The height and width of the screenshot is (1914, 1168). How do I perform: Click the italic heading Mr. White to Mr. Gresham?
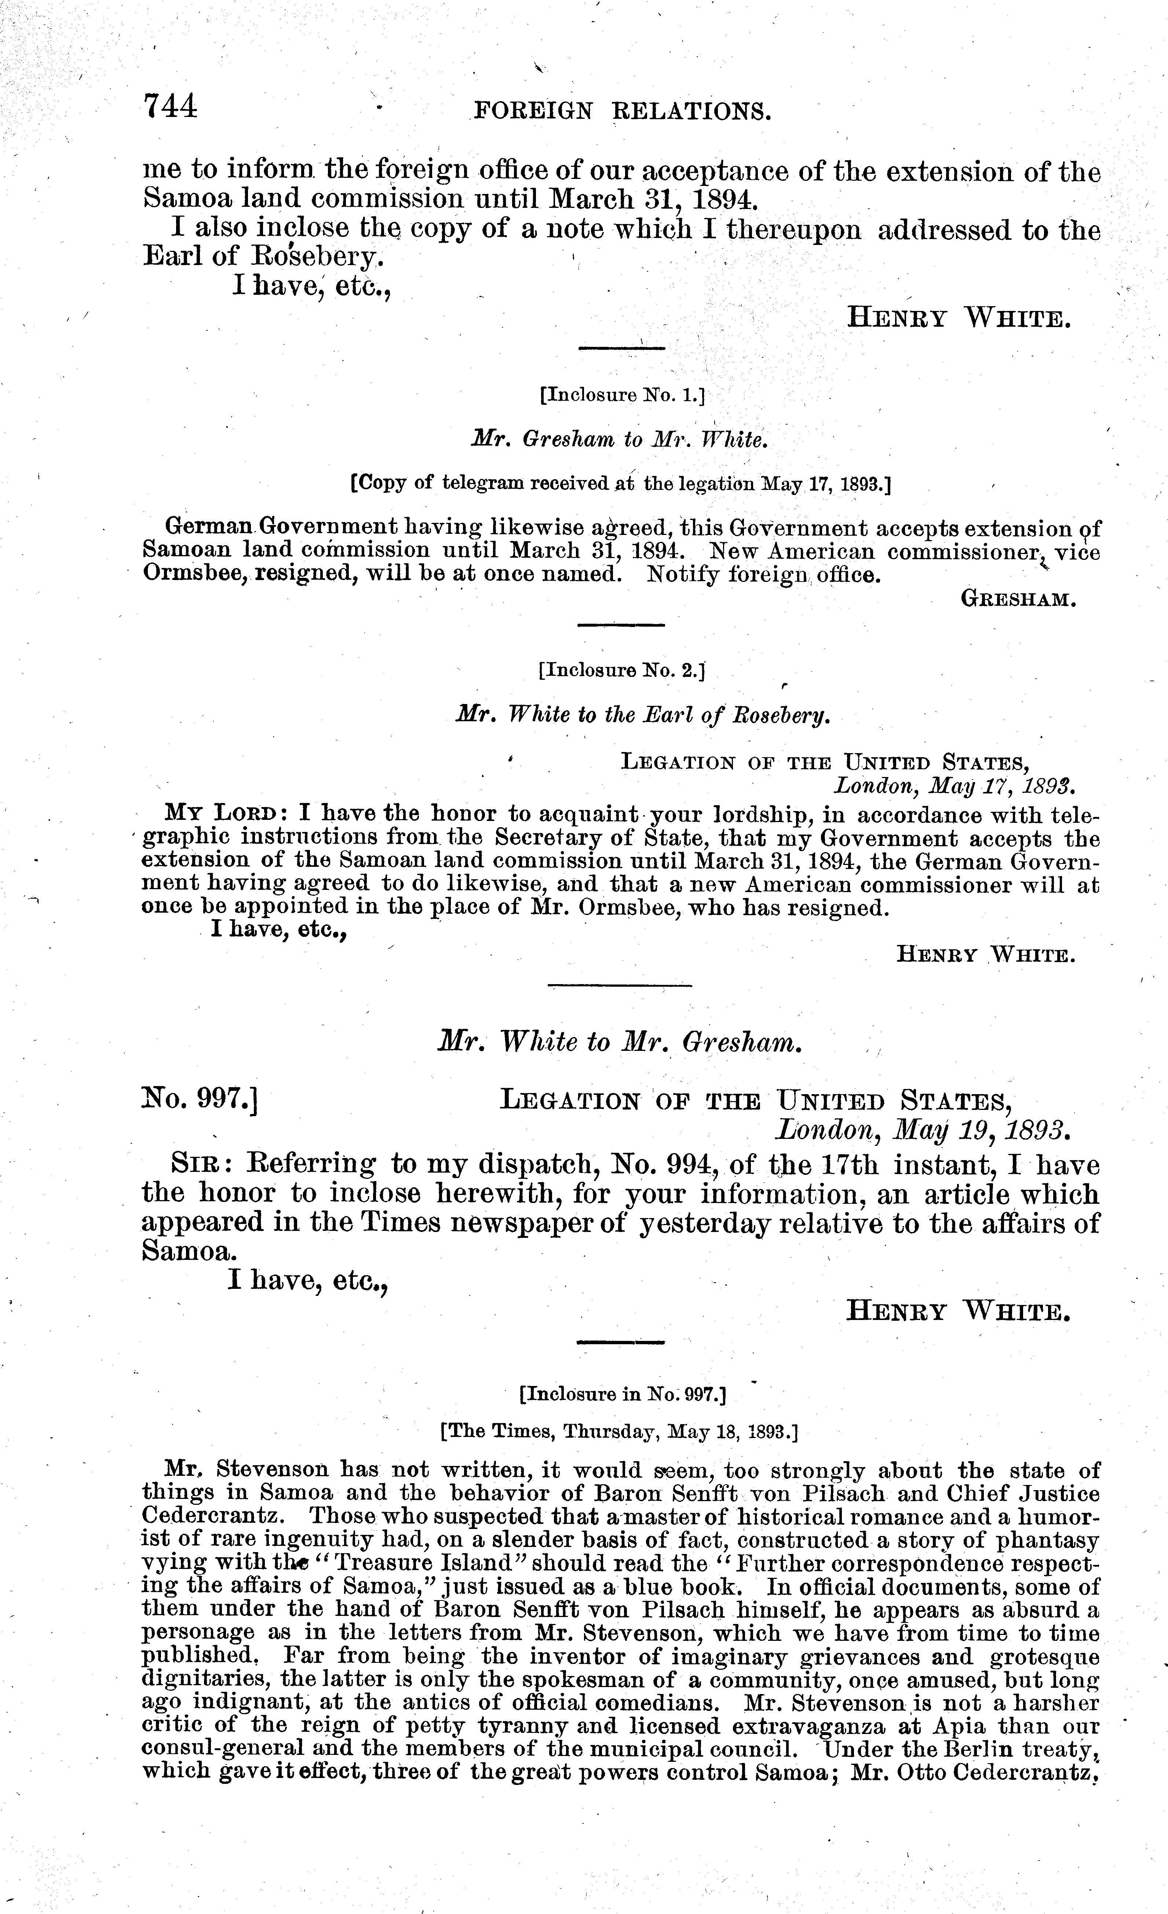click(619, 1042)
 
